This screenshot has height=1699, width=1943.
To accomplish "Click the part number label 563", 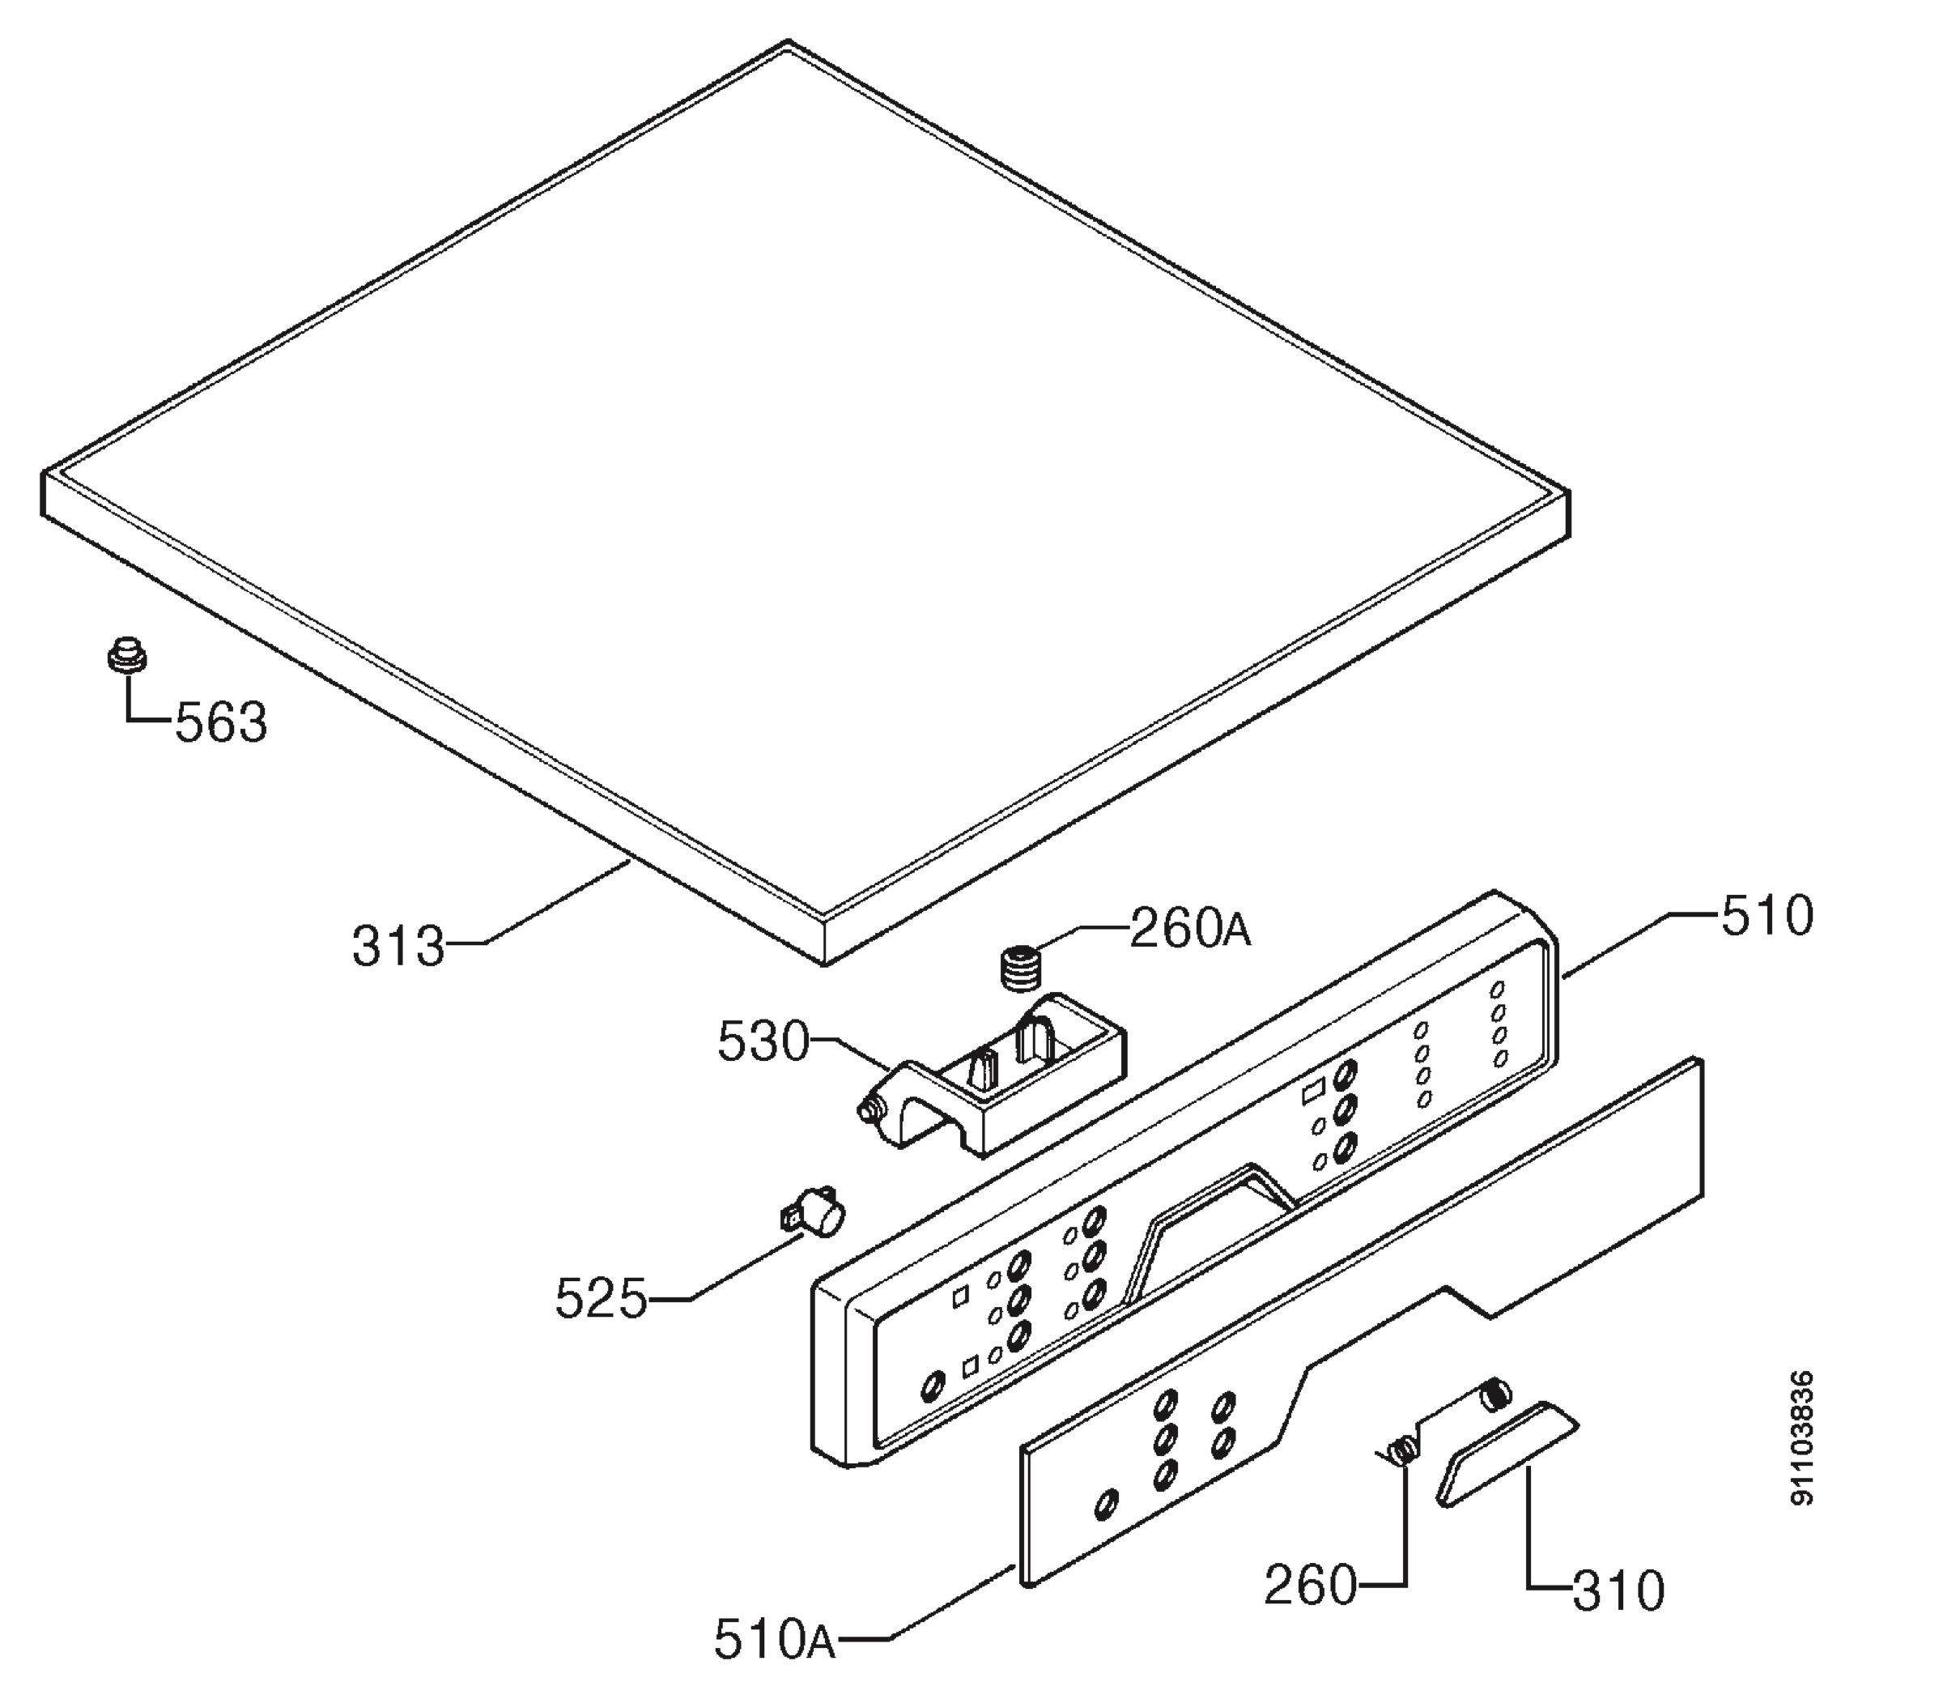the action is [221, 722].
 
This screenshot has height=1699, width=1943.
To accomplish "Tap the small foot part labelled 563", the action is [126, 654].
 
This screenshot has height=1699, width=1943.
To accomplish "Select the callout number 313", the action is [398, 946].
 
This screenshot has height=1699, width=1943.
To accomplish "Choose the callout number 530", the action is [763, 1043].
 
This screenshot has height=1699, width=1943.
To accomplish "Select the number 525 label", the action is [601, 1298].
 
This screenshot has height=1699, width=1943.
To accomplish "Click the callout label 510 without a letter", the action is [1767, 916].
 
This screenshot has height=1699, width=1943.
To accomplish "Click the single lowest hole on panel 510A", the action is [1105, 1503].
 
